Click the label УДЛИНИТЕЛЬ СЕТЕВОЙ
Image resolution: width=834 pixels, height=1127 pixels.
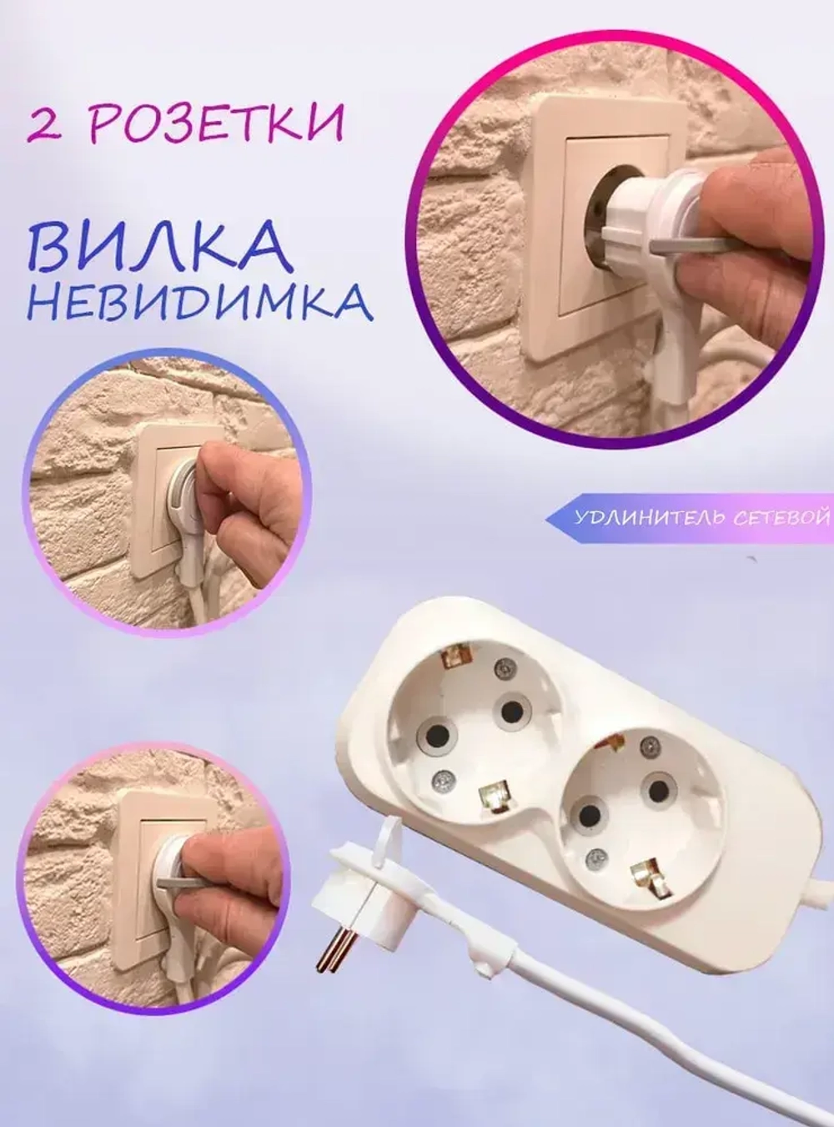pyautogui.click(x=701, y=518)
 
